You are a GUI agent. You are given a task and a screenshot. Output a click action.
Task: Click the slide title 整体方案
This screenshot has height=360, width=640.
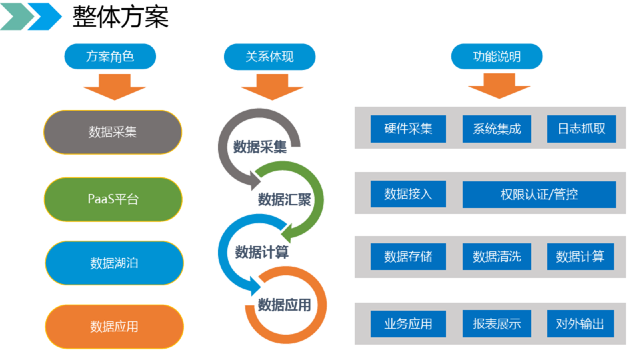tap(120, 17)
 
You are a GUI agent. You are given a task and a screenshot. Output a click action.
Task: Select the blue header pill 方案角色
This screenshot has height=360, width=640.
tap(110, 56)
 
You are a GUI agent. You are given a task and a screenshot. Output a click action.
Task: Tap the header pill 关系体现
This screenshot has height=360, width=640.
tap(269, 56)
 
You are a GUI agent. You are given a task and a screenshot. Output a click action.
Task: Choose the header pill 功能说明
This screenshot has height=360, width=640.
tap(496, 56)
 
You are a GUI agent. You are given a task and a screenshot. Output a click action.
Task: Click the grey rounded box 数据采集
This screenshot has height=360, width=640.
tap(112, 132)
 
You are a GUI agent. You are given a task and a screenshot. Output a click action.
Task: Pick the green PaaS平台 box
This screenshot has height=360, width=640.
tap(113, 199)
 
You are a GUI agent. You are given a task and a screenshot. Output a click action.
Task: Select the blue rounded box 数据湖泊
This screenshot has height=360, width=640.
tap(114, 263)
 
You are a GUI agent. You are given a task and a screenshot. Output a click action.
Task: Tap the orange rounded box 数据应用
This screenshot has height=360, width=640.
tap(114, 326)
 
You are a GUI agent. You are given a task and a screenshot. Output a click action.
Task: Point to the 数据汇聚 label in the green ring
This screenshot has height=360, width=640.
tap(284, 199)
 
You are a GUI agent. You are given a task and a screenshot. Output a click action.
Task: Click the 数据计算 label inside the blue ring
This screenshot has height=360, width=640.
tap(262, 252)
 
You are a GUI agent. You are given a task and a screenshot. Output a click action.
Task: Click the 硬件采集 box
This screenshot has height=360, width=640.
tap(408, 129)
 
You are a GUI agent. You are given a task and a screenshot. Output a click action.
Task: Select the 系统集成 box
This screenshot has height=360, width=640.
tap(497, 129)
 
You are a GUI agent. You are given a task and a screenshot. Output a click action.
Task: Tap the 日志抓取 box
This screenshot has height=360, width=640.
tap(581, 129)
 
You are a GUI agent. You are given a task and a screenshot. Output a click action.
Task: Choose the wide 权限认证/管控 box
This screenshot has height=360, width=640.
tap(539, 194)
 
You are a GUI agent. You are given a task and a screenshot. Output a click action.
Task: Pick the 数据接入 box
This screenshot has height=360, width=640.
tap(408, 194)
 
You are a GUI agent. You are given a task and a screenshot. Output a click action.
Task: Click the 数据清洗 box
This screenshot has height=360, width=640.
tap(497, 256)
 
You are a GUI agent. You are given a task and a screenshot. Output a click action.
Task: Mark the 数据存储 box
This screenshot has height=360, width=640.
tap(408, 256)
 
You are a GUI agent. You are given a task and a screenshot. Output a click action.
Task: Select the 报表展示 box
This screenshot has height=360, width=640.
tap(497, 324)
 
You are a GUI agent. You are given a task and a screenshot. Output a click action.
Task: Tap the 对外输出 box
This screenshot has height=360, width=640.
tap(580, 324)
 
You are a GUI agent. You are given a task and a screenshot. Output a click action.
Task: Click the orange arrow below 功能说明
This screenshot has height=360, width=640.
tap(499, 86)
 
